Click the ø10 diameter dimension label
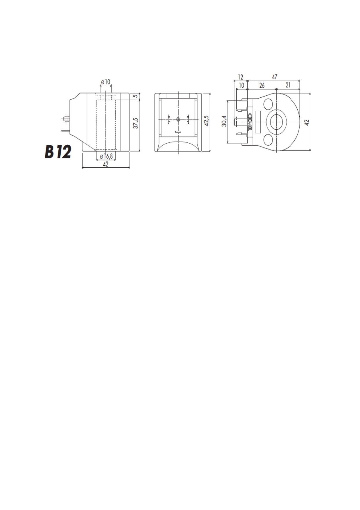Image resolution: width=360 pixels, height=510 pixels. [106, 82]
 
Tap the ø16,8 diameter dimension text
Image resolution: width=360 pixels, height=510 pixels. [106, 156]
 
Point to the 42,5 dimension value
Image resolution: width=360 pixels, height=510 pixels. [206, 121]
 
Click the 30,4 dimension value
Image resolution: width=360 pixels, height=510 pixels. [224, 121]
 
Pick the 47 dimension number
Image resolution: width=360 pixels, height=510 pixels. [274, 77]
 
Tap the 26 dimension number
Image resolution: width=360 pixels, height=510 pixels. [262, 85]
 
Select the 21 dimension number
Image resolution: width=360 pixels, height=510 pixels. [288, 85]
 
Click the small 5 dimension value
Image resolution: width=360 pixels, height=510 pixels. [136, 96]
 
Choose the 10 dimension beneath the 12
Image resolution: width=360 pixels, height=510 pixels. [241, 85]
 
